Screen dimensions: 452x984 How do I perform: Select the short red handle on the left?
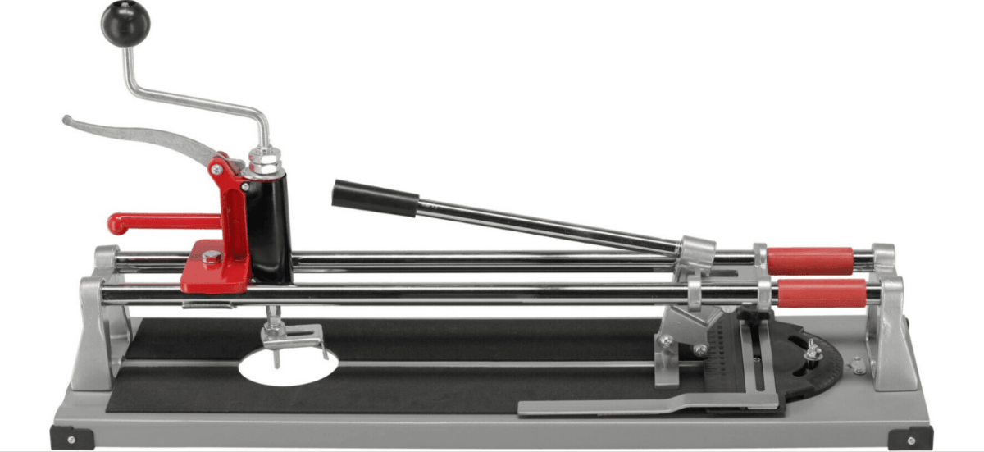(x=156, y=221)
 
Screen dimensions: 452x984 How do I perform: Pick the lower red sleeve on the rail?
(x=821, y=292)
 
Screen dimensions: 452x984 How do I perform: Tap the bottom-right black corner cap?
(x=909, y=438)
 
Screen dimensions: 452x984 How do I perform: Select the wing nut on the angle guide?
(x=812, y=351)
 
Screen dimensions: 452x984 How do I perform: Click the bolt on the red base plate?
(x=211, y=257)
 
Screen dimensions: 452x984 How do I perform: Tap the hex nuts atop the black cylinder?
(x=264, y=160)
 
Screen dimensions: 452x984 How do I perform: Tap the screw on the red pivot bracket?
(x=216, y=169)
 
